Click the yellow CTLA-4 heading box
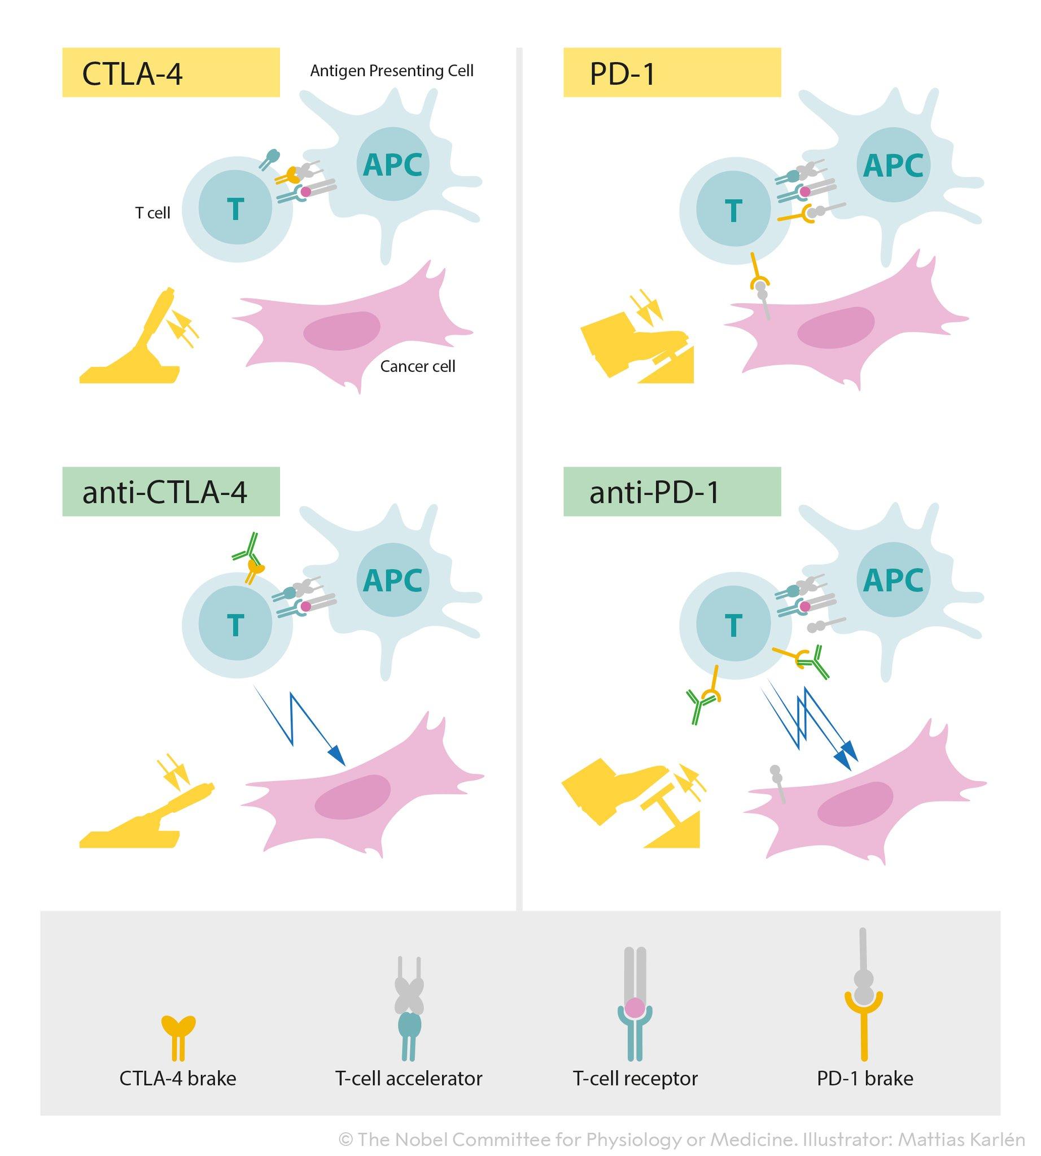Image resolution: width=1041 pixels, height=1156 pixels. (x=170, y=73)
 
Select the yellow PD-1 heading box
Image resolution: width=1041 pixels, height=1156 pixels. (x=671, y=73)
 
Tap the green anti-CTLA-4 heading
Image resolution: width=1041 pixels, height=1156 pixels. (x=170, y=492)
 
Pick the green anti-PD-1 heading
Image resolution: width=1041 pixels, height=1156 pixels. (x=671, y=492)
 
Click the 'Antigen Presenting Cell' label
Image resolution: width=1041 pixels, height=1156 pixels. (x=391, y=71)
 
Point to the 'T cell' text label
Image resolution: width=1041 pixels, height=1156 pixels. (x=152, y=213)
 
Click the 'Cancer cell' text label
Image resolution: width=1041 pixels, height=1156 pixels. (x=418, y=366)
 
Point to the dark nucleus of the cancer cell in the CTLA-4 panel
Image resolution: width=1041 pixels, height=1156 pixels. (x=342, y=331)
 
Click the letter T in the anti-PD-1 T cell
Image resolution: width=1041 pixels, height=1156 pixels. (x=733, y=625)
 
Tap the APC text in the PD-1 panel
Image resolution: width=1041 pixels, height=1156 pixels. (x=893, y=166)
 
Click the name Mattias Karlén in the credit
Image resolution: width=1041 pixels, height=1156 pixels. (x=961, y=1140)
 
